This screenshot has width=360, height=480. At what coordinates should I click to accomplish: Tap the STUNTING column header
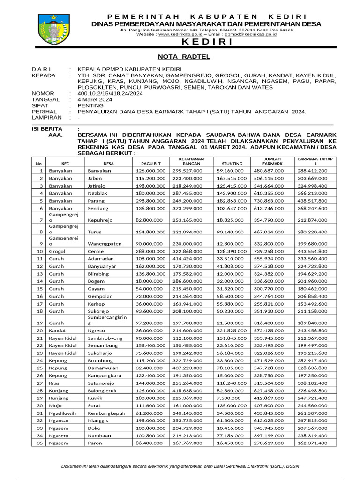pos(228,163)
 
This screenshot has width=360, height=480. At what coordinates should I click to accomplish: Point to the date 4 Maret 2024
pos(95,99)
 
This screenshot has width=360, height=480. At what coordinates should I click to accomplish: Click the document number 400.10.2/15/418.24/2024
pos(111,93)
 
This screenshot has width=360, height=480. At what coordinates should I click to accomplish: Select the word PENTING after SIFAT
pos(90,105)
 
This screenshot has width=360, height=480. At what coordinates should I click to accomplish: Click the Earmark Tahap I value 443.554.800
pos(313,251)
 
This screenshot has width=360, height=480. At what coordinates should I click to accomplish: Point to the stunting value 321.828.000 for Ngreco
pos(231,330)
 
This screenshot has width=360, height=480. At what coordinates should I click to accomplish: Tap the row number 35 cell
pos(40,442)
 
